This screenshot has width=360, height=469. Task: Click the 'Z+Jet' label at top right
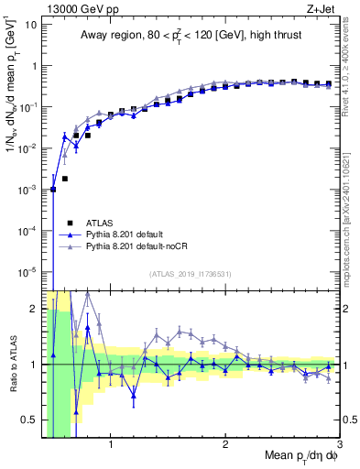click(x=335, y=8)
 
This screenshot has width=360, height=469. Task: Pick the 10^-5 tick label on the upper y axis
click(x=27, y=271)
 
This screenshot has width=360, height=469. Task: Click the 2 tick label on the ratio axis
click(x=33, y=309)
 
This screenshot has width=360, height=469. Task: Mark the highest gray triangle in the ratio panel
click(x=88, y=294)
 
